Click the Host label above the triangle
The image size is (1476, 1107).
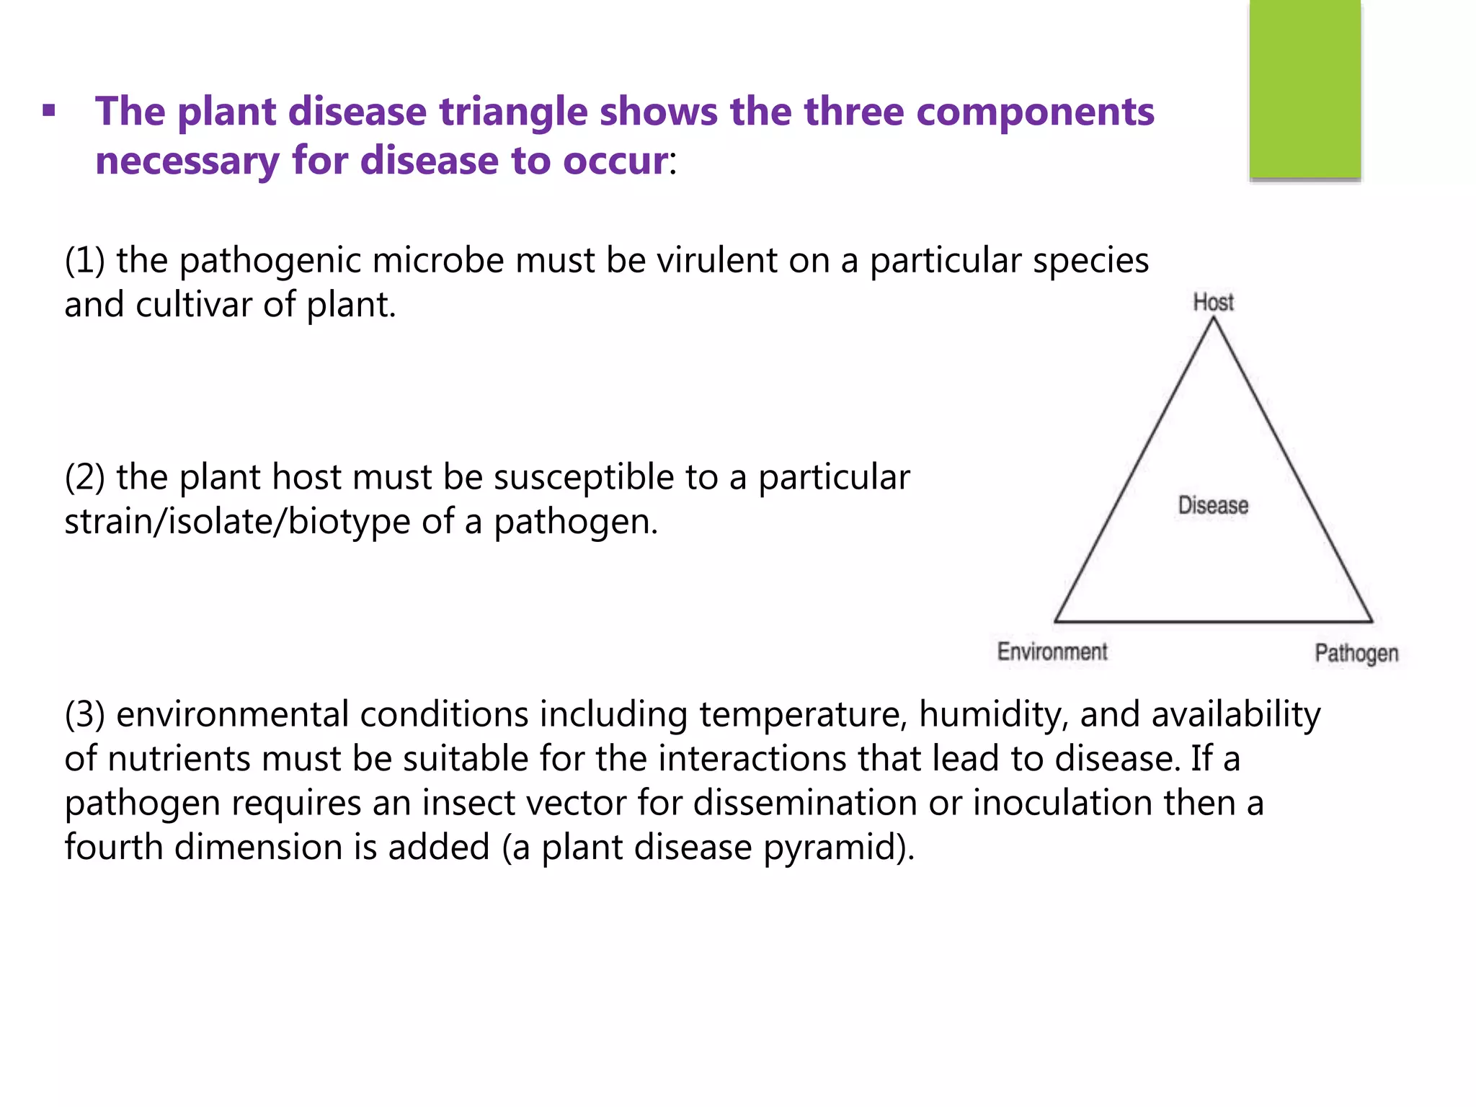pos(1213,302)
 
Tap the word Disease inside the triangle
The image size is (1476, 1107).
pos(1213,505)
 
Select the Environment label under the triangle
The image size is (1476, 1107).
pos(1052,652)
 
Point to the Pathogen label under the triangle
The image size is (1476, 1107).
pos(1356,654)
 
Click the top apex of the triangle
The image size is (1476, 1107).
pos(1213,319)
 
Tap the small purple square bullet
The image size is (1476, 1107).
pos(49,112)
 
